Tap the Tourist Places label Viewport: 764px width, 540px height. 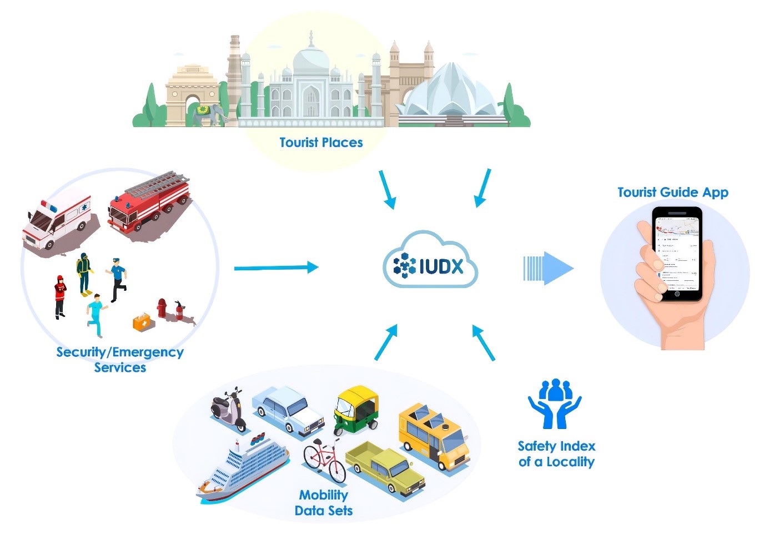pos(321,143)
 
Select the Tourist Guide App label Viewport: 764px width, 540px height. pos(672,193)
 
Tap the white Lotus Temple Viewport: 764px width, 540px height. pos(450,95)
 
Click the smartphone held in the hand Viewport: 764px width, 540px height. pos(676,253)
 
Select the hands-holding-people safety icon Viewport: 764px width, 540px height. pos(554,403)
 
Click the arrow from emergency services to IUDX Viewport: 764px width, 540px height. pos(276,268)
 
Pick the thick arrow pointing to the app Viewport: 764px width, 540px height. pos(548,269)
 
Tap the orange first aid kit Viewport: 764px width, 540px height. pos(143,322)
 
